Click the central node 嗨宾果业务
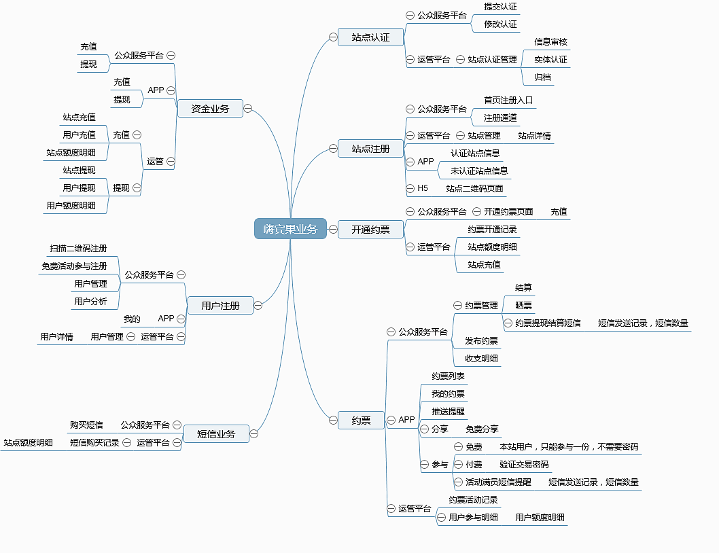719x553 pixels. (x=290, y=229)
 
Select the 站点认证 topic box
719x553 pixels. (x=370, y=37)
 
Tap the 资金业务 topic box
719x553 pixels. (x=210, y=109)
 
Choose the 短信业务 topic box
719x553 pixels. (x=216, y=434)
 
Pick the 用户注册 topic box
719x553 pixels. (x=220, y=306)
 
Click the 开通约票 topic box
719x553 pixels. (x=370, y=229)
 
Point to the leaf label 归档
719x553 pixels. (x=542, y=77)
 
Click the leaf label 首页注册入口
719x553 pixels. (x=508, y=100)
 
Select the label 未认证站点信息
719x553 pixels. (x=479, y=171)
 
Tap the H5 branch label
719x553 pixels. (x=422, y=188)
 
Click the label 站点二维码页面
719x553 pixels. (x=474, y=188)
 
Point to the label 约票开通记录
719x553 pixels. (x=492, y=229)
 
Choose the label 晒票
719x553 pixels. (x=523, y=306)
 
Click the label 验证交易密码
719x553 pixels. (x=524, y=465)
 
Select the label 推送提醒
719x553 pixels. (x=448, y=411)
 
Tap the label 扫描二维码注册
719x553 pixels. (x=78, y=249)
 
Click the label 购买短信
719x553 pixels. (x=86, y=425)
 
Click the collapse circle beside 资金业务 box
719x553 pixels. (x=247, y=108)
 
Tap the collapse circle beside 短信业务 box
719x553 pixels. (x=253, y=434)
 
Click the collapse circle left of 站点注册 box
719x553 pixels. (x=333, y=148)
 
